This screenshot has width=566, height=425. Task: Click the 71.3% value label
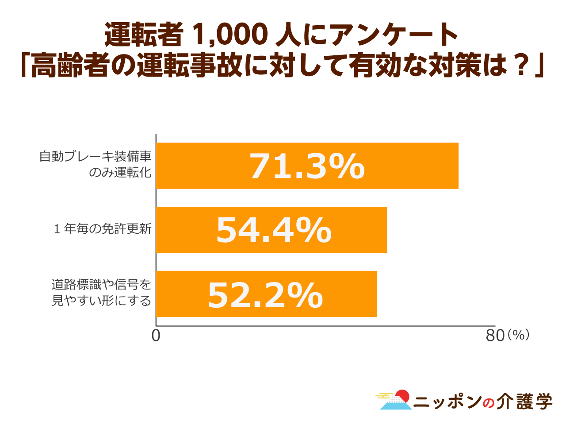click(307, 166)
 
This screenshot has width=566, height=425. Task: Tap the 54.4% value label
click(274, 230)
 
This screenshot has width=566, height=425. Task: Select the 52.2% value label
click(265, 295)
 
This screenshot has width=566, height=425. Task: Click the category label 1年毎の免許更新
click(103, 229)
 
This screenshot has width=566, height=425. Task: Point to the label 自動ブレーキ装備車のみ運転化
click(96, 164)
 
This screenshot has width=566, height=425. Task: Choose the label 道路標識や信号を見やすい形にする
click(102, 293)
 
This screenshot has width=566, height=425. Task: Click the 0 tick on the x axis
click(156, 336)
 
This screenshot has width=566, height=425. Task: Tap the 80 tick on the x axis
click(495, 336)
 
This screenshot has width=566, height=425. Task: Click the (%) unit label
click(518, 335)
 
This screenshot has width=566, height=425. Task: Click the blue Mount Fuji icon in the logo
click(395, 403)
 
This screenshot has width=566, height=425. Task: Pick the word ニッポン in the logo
click(448, 402)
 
